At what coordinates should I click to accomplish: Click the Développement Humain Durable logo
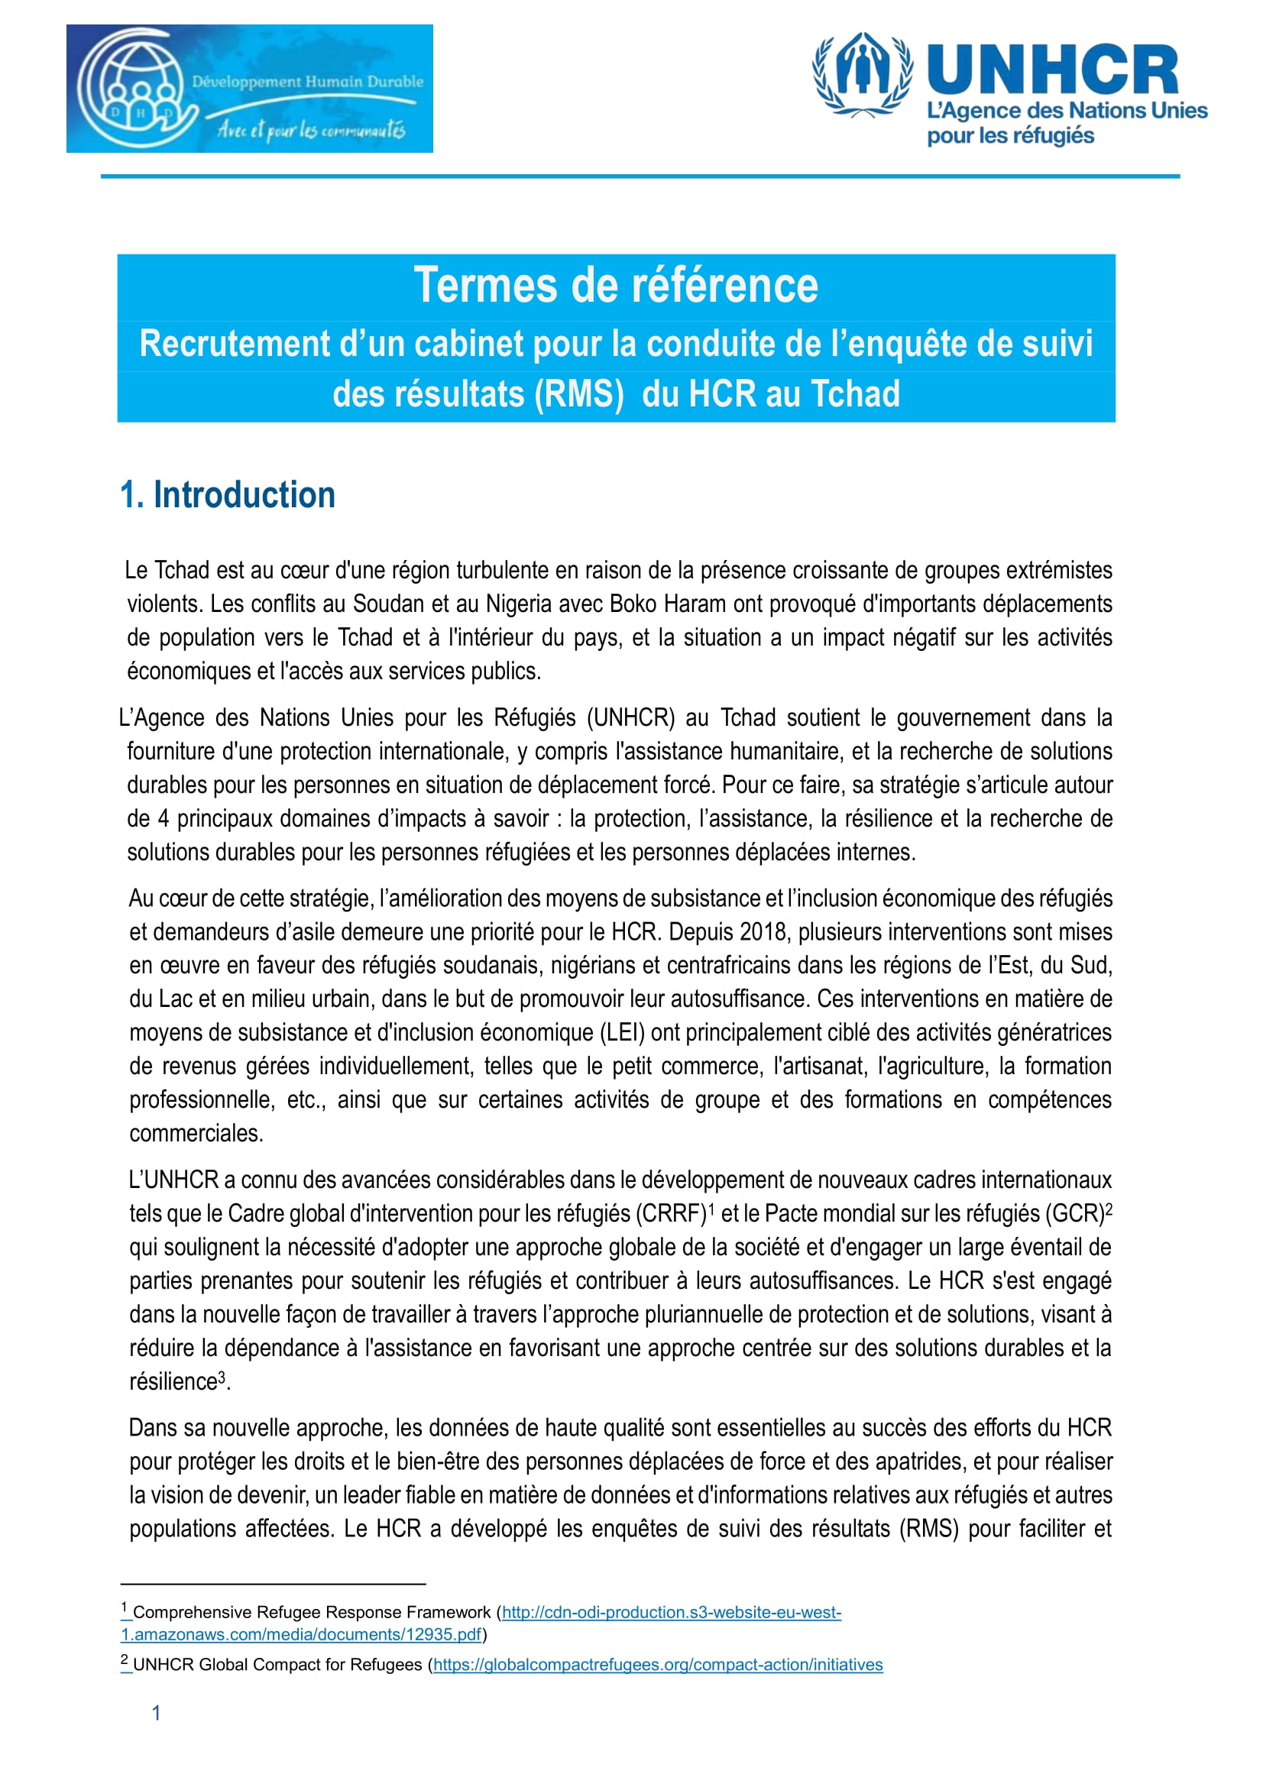pos(249,89)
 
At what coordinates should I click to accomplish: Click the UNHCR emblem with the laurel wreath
pos(862,75)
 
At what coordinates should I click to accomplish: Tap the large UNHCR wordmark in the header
pos(1053,70)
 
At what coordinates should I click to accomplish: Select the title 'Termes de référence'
pos(616,286)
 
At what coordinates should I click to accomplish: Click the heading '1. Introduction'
pos(228,495)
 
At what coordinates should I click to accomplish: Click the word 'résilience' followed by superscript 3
pos(173,1381)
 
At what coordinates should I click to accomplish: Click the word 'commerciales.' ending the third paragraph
pos(196,1133)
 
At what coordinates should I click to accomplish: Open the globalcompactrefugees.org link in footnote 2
pos(658,1665)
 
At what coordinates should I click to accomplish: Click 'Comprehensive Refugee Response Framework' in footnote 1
pos(311,1613)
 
